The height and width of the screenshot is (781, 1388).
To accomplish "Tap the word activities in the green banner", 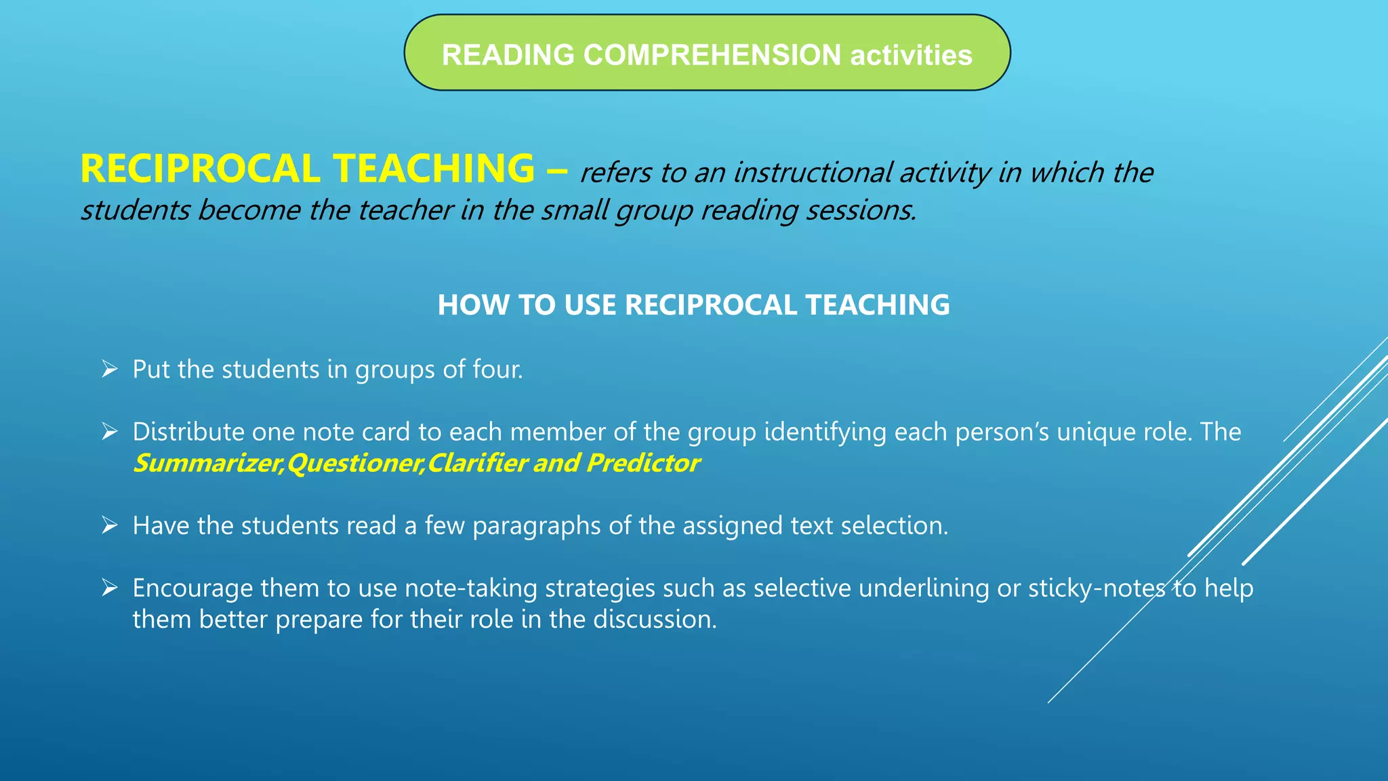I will click(x=911, y=55).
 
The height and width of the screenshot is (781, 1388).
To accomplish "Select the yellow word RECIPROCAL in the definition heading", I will click(x=201, y=169).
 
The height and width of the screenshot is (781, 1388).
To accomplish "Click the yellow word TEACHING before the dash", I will click(x=434, y=169).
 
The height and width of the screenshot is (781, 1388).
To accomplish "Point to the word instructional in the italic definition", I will click(x=813, y=173).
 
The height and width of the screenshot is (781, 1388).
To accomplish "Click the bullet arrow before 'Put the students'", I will click(x=109, y=369).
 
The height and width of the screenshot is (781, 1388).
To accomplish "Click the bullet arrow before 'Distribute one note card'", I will click(x=109, y=432).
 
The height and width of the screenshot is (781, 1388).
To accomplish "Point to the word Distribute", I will click(x=188, y=432).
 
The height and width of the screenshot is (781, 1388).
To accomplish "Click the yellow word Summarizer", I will click(x=207, y=463).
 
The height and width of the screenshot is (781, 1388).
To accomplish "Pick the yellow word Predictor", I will click(x=643, y=463).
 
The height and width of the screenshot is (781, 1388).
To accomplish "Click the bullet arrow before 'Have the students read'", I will click(x=109, y=525).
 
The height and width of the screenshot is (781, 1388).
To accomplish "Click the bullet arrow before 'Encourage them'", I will click(x=109, y=588).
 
